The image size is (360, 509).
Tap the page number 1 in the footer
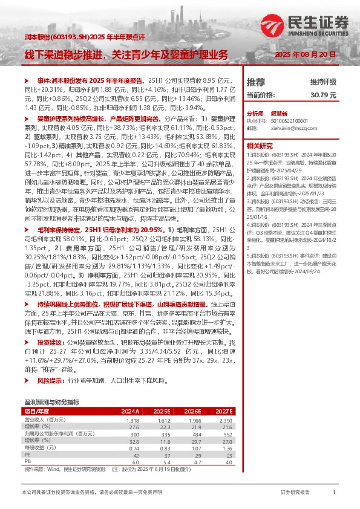click(334, 493)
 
